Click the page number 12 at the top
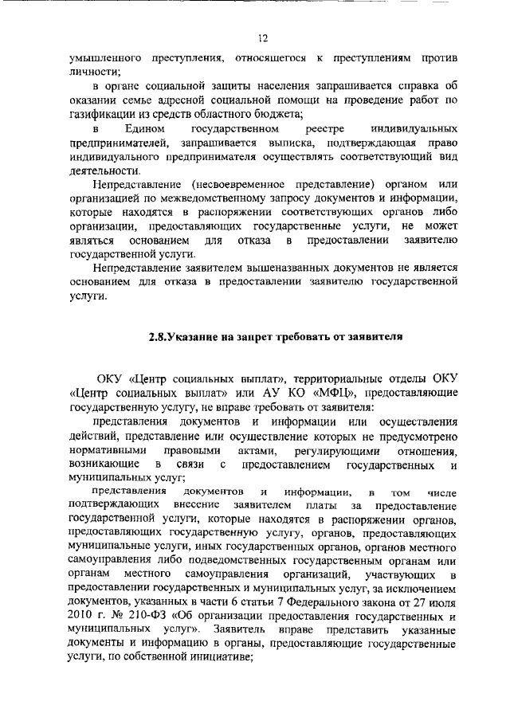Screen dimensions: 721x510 click(262, 37)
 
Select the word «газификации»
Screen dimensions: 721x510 click(102, 114)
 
